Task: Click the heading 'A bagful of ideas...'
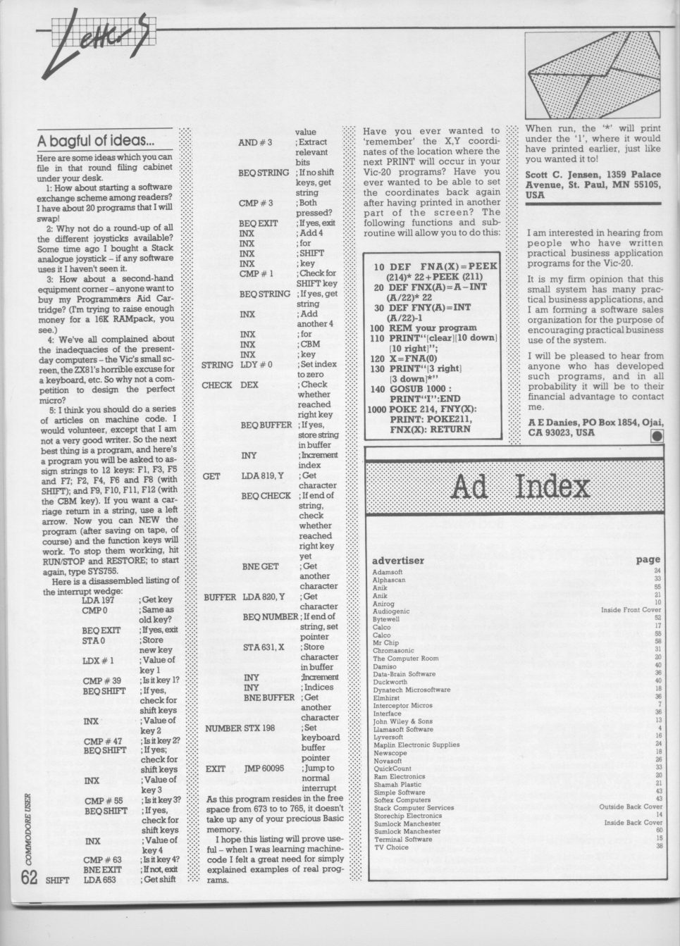click(x=96, y=141)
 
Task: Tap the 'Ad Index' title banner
click(x=518, y=486)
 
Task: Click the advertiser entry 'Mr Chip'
click(x=385, y=642)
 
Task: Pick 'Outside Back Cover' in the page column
click(x=630, y=807)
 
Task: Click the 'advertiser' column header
click(x=398, y=560)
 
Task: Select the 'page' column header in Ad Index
click(x=648, y=559)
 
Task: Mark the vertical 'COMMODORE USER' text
click(x=27, y=828)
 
